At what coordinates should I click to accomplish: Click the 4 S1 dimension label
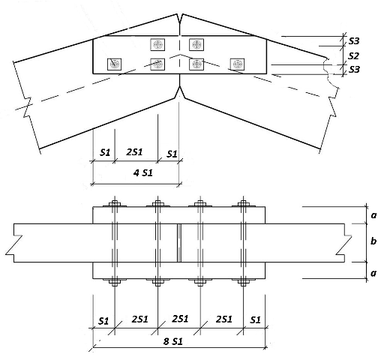point(142,172)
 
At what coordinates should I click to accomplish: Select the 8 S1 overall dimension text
point(173,341)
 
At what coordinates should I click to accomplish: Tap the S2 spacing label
point(353,56)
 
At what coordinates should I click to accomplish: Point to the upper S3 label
point(354,40)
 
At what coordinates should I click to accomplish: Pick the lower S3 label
point(354,69)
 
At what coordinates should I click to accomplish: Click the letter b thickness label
point(373,241)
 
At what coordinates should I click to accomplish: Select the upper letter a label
point(373,215)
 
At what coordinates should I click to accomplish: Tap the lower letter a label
point(373,273)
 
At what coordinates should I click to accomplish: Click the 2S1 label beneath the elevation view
point(134,151)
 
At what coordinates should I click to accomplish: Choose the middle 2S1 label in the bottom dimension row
point(180,319)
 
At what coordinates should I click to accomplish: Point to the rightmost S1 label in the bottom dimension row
point(255,319)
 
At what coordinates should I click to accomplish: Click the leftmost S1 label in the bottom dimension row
point(103,321)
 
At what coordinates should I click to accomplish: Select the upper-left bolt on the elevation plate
point(157,45)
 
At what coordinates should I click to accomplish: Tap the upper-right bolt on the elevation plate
point(196,45)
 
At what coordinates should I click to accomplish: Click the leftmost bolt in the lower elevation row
point(114,64)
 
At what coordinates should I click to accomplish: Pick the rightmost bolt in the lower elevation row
point(237,64)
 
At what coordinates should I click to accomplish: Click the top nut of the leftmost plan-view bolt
point(115,203)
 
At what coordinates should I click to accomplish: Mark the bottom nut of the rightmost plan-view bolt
point(243,282)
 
